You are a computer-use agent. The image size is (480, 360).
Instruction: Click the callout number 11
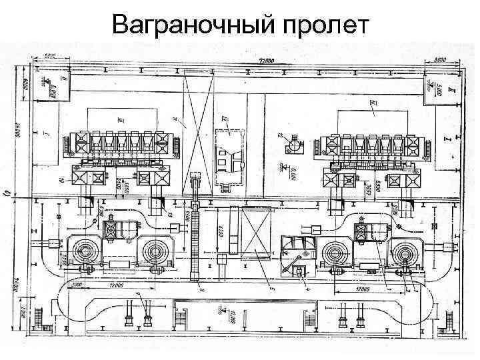coord(175,120)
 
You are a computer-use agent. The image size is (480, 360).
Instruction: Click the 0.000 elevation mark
coord(291,173)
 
